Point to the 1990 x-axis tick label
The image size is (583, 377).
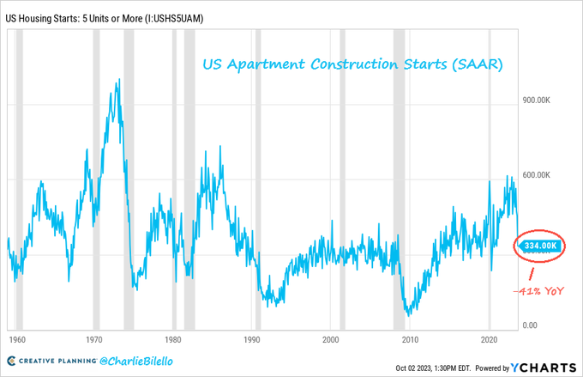252,340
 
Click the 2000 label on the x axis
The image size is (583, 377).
331,340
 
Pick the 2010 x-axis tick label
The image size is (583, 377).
410,340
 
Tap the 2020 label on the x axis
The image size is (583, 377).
489,340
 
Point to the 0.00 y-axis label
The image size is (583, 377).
532,325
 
